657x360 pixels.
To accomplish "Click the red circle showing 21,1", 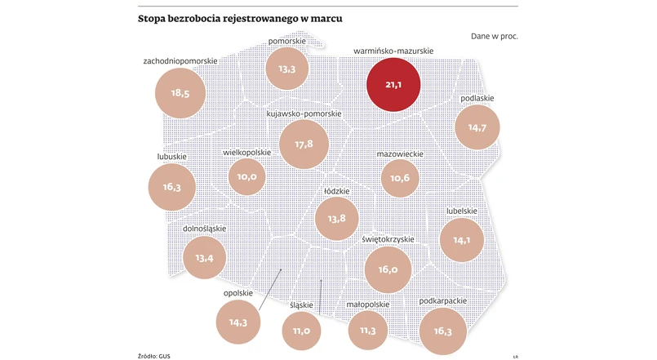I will (393, 84).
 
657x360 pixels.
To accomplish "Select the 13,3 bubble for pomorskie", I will (286, 69).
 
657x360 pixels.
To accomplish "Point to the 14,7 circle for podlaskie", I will (477, 127).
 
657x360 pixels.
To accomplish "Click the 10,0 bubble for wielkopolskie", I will (247, 176).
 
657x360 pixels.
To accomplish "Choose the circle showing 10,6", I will (399, 177).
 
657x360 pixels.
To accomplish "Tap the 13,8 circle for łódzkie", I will (336, 218).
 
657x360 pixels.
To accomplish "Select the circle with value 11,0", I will (301, 330).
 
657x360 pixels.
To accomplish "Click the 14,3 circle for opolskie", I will (238, 322).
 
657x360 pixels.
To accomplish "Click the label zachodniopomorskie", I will (180, 60).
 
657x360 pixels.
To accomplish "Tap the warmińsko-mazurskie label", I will (393, 51).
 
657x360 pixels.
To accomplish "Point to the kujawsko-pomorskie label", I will (304, 113).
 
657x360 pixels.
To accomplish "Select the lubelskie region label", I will (462, 211).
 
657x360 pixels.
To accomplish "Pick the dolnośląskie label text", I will (204, 229).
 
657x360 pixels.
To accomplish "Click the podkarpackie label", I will (442, 301).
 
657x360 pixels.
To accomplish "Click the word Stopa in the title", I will (155, 19).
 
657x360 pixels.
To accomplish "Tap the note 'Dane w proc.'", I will (494, 37).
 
